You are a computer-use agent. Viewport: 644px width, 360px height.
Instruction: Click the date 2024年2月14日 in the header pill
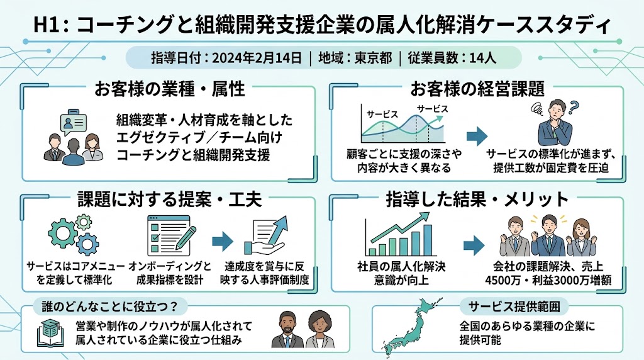(257, 57)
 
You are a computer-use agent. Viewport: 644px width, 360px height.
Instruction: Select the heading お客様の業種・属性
(170, 89)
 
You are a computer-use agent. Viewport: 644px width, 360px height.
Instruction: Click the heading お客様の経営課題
(477, 89)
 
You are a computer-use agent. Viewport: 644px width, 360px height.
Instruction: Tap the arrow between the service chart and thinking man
(477, 137)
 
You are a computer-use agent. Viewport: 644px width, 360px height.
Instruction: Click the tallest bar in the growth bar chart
(428, 240)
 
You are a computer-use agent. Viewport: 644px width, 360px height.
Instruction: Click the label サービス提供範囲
(514, 306)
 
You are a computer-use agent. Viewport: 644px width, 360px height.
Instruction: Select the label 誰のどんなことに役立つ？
(109, 306)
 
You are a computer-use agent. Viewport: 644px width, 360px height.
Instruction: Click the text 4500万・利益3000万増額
(548, 280)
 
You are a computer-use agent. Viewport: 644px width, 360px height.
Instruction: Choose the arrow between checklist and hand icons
(223, 241)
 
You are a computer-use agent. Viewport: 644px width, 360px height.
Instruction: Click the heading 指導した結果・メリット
(477, 200)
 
